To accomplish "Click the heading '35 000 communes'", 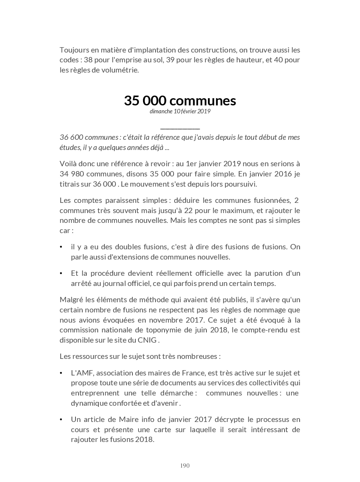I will [180, 100].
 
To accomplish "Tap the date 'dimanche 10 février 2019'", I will [180, 111].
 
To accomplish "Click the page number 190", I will [185, 465].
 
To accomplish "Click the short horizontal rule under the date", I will [180, 129].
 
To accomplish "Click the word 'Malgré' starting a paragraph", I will [71, 300].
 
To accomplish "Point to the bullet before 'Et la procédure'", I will [61, 273].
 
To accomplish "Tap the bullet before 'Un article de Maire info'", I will [61, 420].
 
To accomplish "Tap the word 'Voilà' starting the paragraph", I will [69, 164].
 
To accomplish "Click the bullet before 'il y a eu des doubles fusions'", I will [61, 247].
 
